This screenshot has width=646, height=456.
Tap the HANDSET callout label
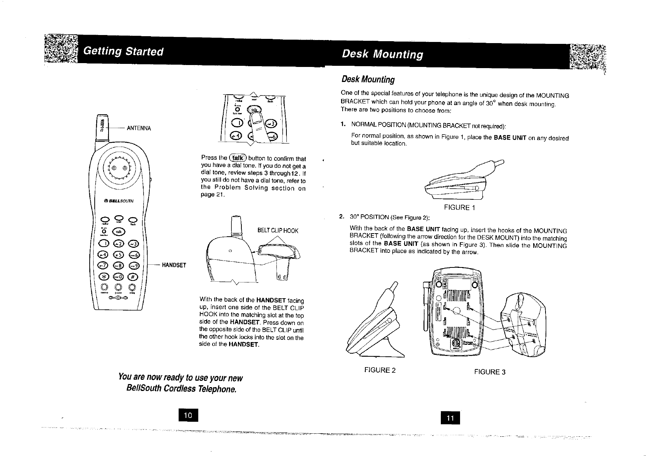point(174,265)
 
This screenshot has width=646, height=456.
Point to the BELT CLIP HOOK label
point(278,231)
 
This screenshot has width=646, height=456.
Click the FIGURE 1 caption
point(459,208)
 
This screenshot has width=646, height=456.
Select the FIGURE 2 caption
point(380,370)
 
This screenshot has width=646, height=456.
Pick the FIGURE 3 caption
point(490,372)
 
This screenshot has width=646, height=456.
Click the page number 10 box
point(188,415)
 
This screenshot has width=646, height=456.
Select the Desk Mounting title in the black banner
point(382,54)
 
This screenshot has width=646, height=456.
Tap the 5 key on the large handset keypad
point(118,254)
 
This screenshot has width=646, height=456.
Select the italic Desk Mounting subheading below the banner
point(368,80)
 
